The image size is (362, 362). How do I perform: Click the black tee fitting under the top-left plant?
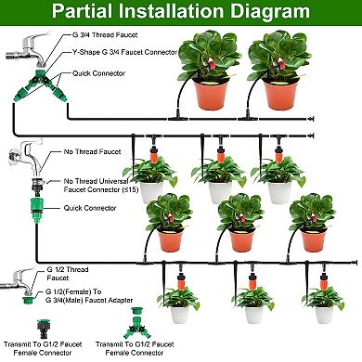coord(179,119)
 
